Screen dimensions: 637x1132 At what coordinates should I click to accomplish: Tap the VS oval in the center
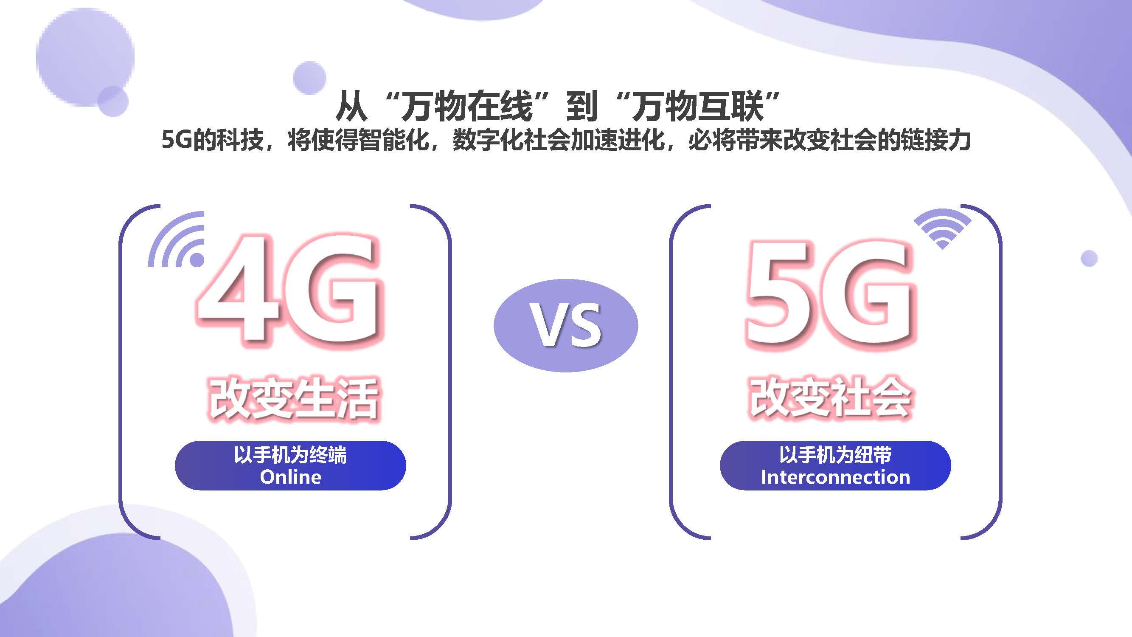tap(565, 325)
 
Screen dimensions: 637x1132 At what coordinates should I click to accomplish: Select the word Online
tap(290, 477)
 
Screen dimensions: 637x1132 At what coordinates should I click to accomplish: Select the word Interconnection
tap(835, 477)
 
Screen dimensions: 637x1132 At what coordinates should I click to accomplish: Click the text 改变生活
tap(294, 398)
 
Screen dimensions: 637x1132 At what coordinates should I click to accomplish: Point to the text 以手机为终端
tap(290, 454)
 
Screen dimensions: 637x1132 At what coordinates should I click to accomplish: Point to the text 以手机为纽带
tap(835, 454)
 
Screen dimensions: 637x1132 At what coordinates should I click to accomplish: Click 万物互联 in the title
tap(698, 107)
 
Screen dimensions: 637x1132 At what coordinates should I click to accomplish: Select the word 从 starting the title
tap(351, 107)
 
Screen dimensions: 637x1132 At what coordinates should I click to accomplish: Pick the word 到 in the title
tap(582, 107)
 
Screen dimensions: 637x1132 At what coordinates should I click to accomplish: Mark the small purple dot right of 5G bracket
tap(1089, 258)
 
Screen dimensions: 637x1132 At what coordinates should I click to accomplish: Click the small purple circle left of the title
tap(309, 78)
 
